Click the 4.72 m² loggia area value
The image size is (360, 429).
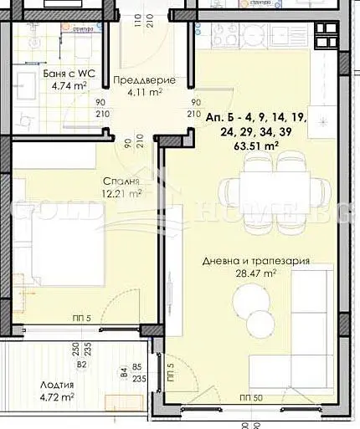[x=58, y=397]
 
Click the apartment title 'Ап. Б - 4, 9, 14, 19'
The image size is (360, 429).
[x=256, y=119]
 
